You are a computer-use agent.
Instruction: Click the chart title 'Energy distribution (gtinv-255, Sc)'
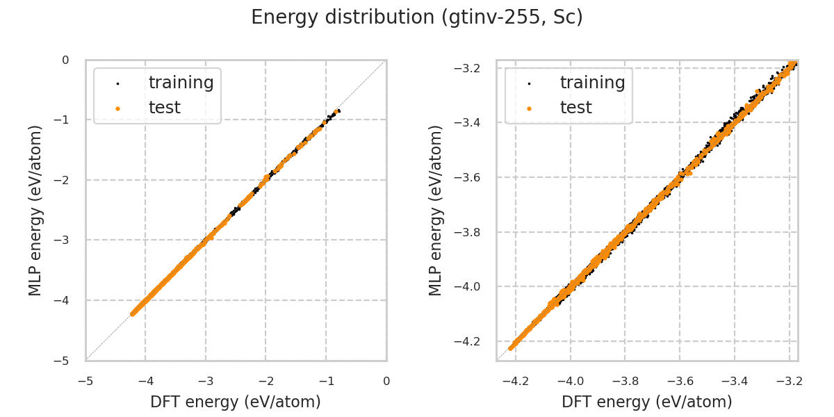(x=417, y=17)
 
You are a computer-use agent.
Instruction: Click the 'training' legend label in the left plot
(x=181, y=83)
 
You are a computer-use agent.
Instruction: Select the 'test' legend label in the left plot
(x=164, y=108)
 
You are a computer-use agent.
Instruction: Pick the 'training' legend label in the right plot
(x=592, y=83)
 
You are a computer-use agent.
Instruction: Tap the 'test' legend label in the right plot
(x=575, y=108)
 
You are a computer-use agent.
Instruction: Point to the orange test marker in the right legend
(x=529, y=108)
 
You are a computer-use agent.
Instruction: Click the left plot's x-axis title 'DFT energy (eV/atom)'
(x=236, y=402)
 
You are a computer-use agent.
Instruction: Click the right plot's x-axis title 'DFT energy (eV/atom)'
(x=647, y=402)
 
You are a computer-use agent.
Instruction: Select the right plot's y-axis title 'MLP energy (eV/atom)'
(x=436, y=210)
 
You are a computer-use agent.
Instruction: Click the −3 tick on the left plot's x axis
(x=205, y=381)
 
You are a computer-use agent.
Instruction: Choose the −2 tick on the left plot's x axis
(x=265, y=381)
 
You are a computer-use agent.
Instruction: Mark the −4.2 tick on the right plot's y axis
(x=471, y=341)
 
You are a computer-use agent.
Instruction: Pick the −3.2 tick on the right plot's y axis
(x=471, y=68)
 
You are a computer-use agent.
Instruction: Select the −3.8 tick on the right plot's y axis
(x=471, y=232)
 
